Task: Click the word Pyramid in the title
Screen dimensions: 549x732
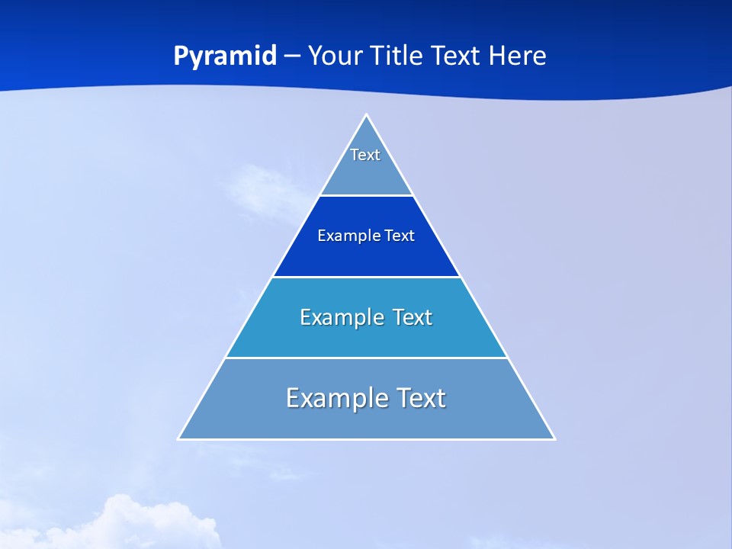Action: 225,56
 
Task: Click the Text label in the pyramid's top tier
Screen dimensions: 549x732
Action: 365,155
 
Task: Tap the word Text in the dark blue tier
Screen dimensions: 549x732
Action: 400,236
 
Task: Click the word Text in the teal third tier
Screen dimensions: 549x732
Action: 413,317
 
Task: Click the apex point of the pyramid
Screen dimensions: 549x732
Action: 367,116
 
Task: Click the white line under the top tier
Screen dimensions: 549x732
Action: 366,196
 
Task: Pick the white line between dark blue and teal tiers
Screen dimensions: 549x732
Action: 366,277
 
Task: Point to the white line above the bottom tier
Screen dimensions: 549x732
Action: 366,358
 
